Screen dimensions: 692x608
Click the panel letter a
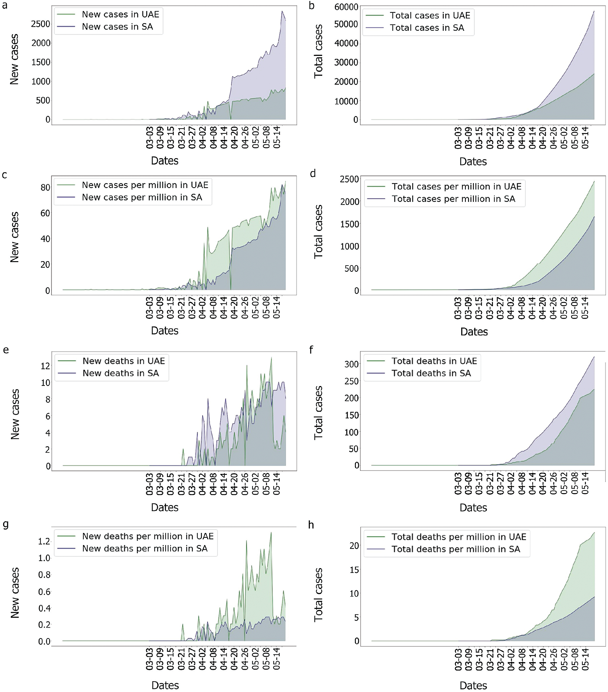pos(5,5)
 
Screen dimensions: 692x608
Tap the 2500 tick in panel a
pos(41,24)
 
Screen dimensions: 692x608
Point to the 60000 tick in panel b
pos(346,7)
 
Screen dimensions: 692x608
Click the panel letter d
pos(312,174)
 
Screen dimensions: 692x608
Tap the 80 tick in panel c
pos(45,188)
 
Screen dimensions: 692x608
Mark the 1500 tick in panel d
pos(350,224)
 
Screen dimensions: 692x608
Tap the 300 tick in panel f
pos(351,364)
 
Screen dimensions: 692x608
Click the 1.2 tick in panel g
pos(44,541)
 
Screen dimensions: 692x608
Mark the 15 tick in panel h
pos(354,570)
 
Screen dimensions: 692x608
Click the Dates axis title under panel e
pos(165,508)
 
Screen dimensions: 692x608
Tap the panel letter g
pos(5,524)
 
